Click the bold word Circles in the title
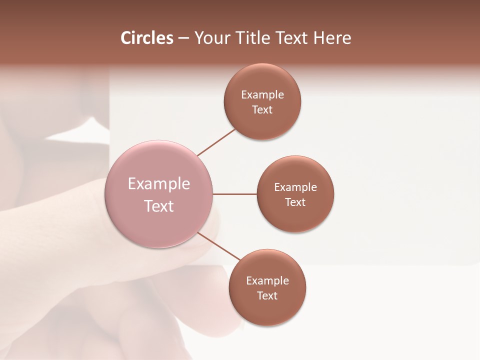click(146, 38)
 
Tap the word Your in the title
click(211, 38)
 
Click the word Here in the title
click(332, 38)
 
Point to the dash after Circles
click(183, 38)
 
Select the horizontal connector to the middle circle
click(235, 194)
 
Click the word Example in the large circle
click(159, 184)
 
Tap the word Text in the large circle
click(159, 206)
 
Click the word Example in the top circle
click(262, 95)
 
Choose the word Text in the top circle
click(262, 110)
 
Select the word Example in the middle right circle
click(295, 187)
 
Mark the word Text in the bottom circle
click(267, 296)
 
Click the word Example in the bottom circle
click(267, 281)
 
